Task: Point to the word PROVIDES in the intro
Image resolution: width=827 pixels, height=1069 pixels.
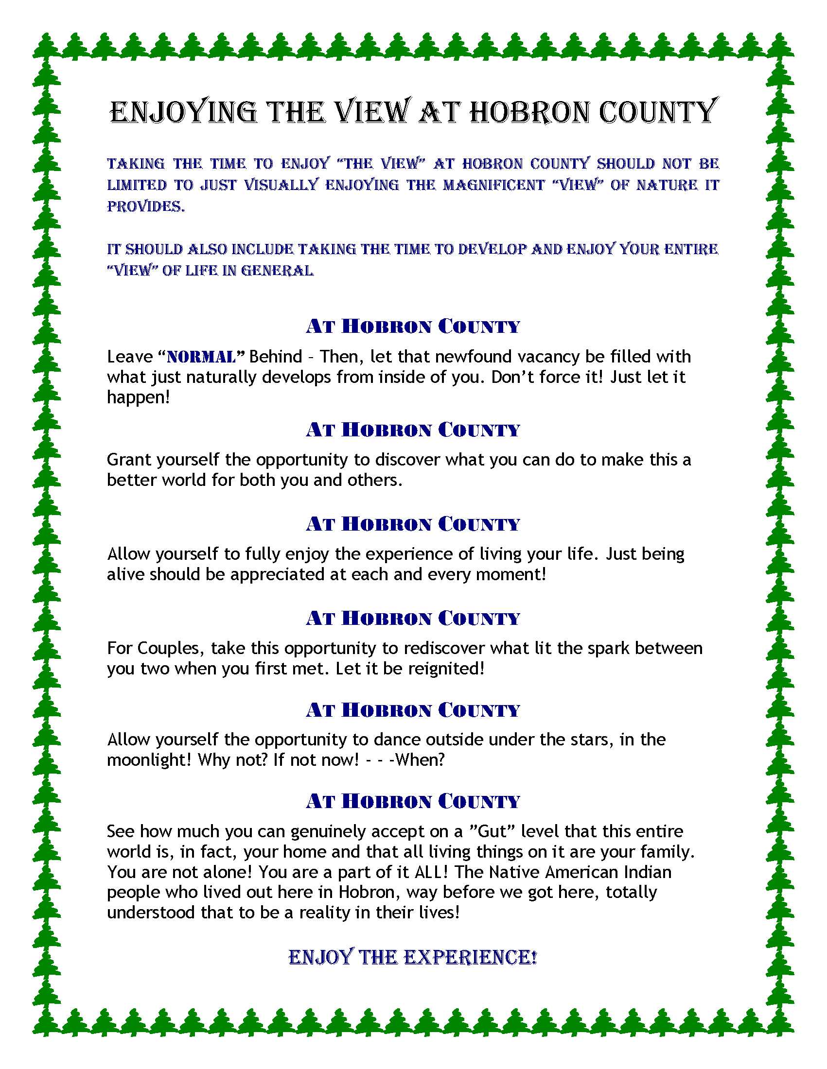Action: (146, 207)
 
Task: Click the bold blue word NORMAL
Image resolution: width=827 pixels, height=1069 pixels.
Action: (201, 357)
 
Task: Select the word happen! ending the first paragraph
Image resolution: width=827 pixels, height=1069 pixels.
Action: (139, 397)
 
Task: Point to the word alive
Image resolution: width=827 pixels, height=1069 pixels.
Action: (126, 574)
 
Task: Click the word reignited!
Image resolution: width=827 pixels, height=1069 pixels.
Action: (446, 668)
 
